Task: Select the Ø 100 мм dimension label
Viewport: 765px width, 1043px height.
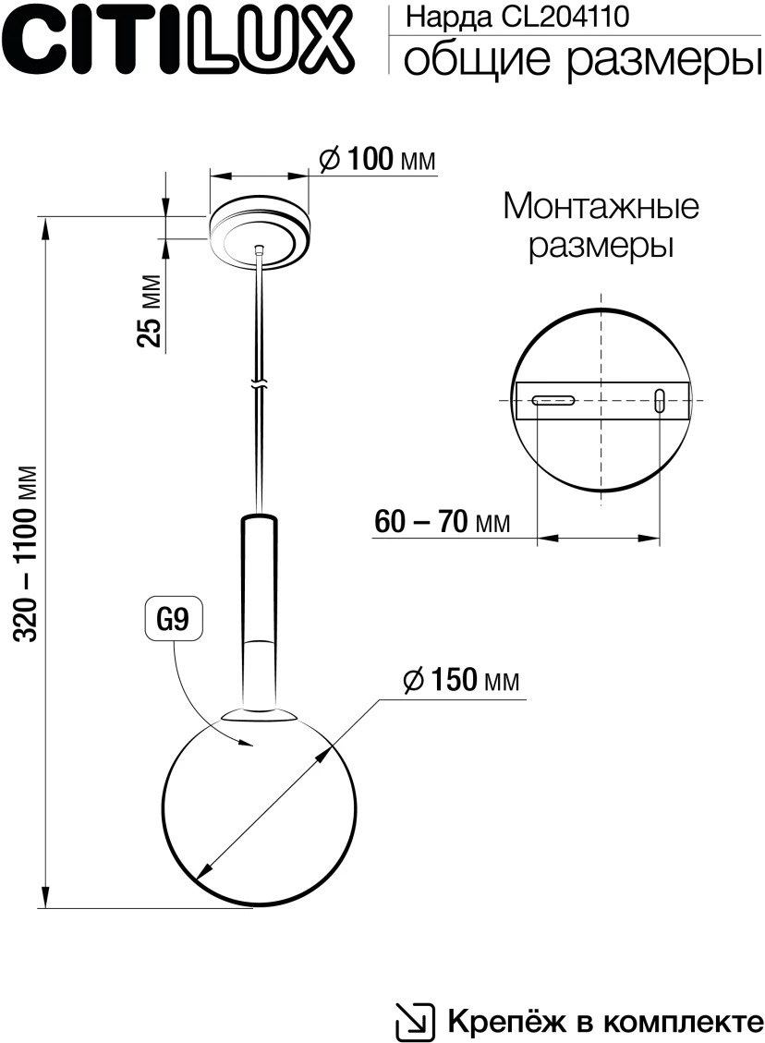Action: (377, 159)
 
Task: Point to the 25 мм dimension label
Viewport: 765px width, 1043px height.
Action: (149, 310)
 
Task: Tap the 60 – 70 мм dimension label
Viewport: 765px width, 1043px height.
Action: (443, 523)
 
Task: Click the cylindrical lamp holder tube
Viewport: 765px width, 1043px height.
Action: (259, 600)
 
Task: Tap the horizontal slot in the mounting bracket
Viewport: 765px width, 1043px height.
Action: (552, 400)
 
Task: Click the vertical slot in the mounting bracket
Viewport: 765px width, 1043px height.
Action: (659, 400)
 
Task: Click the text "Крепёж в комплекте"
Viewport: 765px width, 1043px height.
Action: (605, 1021)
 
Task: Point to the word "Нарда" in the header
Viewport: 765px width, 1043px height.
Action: (439, 16)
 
